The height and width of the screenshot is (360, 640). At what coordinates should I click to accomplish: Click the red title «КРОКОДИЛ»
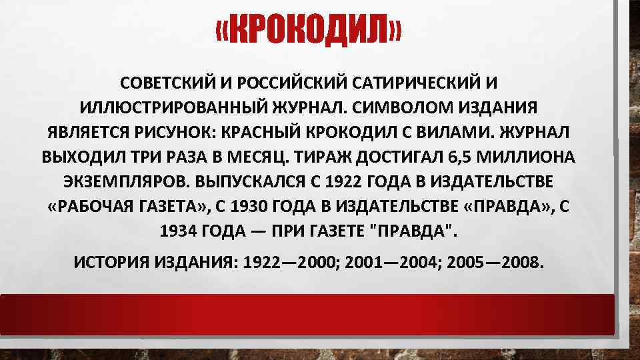click(309, 31)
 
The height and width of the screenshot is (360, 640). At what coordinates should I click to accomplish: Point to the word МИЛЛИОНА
click(529, 157)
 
